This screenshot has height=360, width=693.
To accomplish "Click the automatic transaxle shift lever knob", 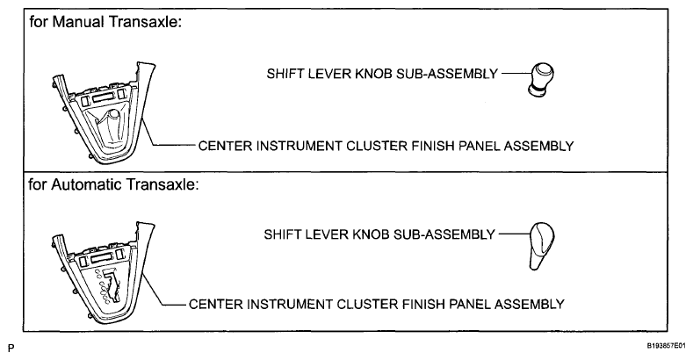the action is pyautogui.click(x=541, y=246).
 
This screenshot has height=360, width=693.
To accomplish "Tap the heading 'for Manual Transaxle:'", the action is pyautogui.click(x=105, y=22).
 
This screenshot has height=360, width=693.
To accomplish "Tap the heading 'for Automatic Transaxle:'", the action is pyautogui.click(x=113, y=184).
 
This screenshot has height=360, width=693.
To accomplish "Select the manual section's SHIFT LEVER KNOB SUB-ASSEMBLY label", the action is pyautogui.click(x=382, y=74).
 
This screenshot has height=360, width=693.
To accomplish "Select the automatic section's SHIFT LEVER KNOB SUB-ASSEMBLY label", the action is pyautogui.click(x=379, y=234).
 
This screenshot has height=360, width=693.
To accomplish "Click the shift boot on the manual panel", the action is pyautogui.click(x=109, y=128).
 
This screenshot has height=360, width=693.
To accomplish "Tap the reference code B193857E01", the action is pyautogui.click(x=667, y=345).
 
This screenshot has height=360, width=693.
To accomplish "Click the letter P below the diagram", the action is pyautogui.click(x=11, y=348).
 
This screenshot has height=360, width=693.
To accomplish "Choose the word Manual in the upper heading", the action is pyautogui.click(x=79, y=22).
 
